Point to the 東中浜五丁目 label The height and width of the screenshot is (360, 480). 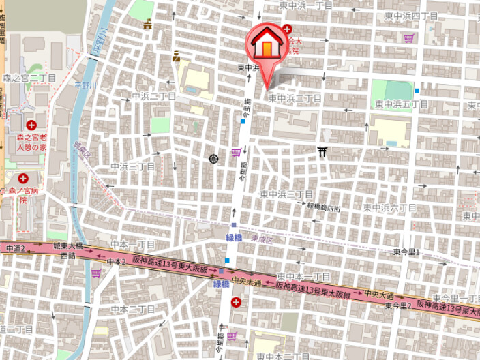point(402,104)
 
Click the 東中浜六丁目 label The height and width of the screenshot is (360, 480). point(389,207)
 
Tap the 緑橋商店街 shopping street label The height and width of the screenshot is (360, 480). point(324,207)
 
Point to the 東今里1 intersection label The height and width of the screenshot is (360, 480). point(408,252)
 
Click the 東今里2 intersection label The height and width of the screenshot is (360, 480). point(397,306)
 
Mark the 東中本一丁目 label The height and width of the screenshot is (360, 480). point(303,277)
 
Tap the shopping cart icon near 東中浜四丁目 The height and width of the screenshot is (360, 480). point(408,38)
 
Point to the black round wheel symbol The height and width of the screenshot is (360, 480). point(213,159)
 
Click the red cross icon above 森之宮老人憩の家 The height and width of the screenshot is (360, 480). point(31,125)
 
